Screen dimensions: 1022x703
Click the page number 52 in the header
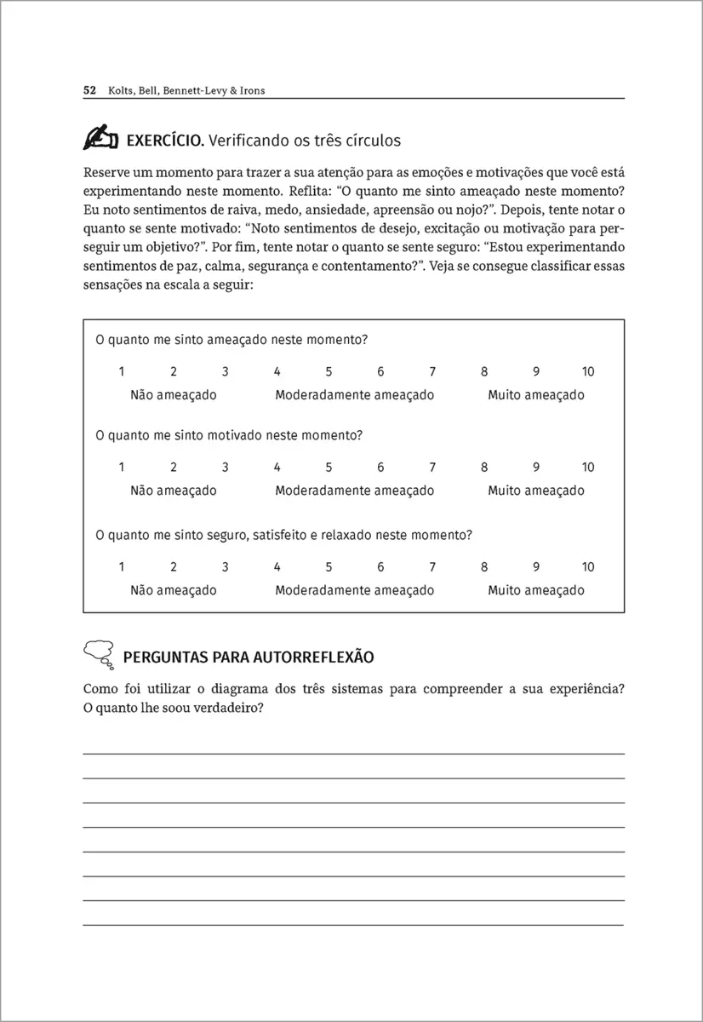click(x=89, y=90)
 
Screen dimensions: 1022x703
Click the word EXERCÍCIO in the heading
click(x=163, y=139)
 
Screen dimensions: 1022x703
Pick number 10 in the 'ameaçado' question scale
click(x=588, y=371)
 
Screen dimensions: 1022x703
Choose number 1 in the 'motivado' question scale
click(x=122, y=467)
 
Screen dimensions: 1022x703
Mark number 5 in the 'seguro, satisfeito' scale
click(x=329, y=567)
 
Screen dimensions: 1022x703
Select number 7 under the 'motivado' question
click(x=432, y=467)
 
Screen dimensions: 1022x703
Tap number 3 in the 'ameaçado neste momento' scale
click(x=226, y=371)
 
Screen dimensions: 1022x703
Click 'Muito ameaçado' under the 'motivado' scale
click(x=536, y=491)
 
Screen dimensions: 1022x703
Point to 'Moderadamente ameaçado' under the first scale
click(x=355, y=395)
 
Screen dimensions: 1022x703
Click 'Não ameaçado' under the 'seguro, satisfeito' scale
click(x=174, y=590)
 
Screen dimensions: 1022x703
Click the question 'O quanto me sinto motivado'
click(x=229, y=435)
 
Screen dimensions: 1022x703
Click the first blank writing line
click(x=353, y=753)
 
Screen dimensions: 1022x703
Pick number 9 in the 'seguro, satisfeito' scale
click(x=536, y=567)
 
